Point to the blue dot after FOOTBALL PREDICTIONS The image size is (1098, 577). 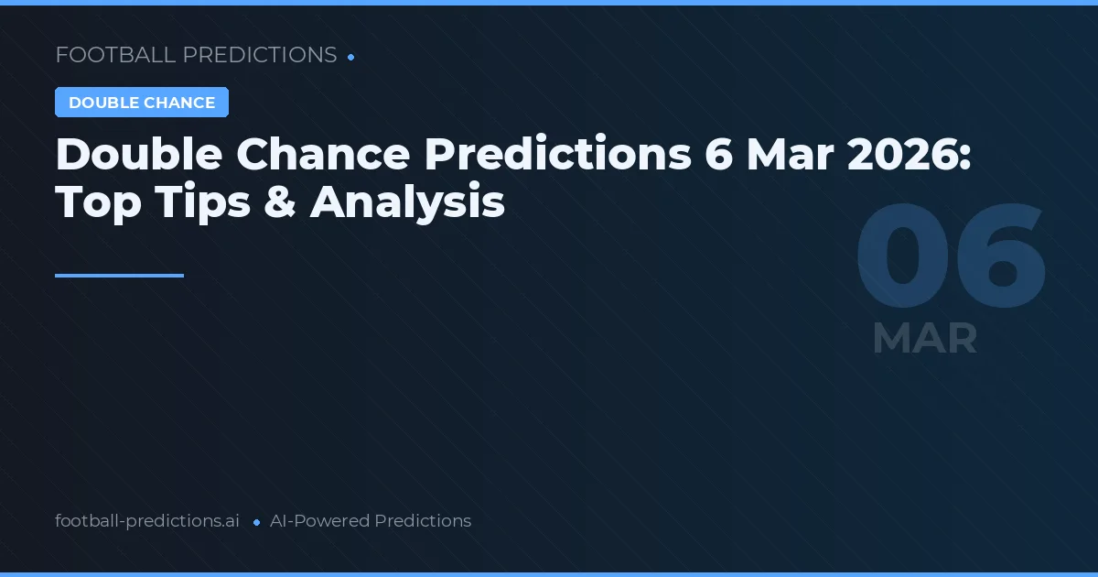pos(350,57)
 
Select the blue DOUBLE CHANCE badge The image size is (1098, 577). pos(142,103)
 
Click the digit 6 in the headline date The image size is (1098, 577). pos(719,155)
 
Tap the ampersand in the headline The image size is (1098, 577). pos(280,201)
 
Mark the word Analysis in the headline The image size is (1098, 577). pos(407,201)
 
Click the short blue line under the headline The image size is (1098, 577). pos(119,275)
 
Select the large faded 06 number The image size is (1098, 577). pos(951,259)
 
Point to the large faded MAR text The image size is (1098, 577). pos(925,339)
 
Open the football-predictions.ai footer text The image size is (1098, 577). pos(147,521)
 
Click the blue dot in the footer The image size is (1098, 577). pos(256,522)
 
